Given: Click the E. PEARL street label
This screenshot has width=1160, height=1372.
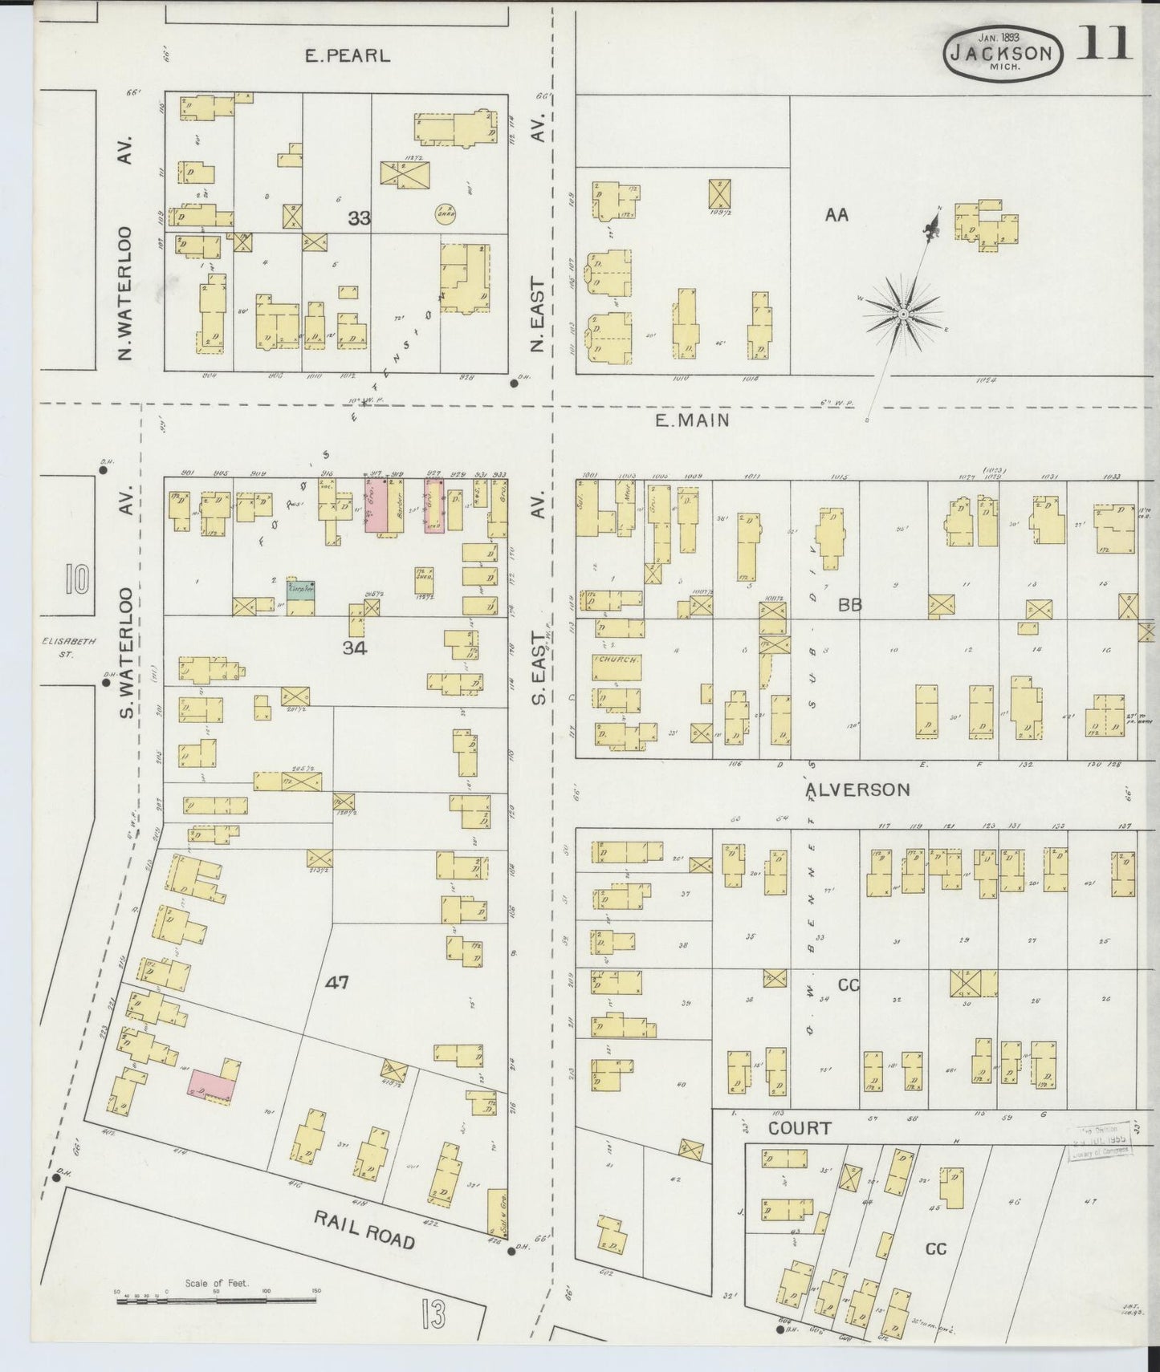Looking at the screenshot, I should click(x=348, y=56).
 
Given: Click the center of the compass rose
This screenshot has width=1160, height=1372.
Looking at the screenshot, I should click(x=904, y=315).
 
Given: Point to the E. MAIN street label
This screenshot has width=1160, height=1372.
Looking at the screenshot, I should click(x=692, y=420).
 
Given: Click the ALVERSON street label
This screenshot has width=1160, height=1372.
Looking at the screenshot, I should click(x=857, y=790).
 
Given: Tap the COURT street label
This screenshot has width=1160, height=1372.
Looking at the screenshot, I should click(x=799, y=1128).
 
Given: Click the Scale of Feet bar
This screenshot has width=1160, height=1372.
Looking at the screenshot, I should click(x=216, y=1297).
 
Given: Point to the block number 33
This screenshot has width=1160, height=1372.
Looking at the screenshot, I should click(x=359, y=217).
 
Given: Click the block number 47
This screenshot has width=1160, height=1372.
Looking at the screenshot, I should click(x=337, y=982).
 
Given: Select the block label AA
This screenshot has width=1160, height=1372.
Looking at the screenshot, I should click(x=836, y=215).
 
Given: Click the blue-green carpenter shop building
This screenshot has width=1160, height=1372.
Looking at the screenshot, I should click(x=301, y=588).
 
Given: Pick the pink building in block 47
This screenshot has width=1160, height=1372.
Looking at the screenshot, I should click(x=211, y=1085).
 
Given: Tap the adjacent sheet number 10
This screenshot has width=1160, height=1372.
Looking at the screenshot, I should click(x=78, y=578).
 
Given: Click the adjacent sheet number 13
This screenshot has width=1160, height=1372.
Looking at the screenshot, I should click(x=432, y=1313).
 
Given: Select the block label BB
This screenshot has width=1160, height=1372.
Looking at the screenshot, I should click(x=849, y=605).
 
